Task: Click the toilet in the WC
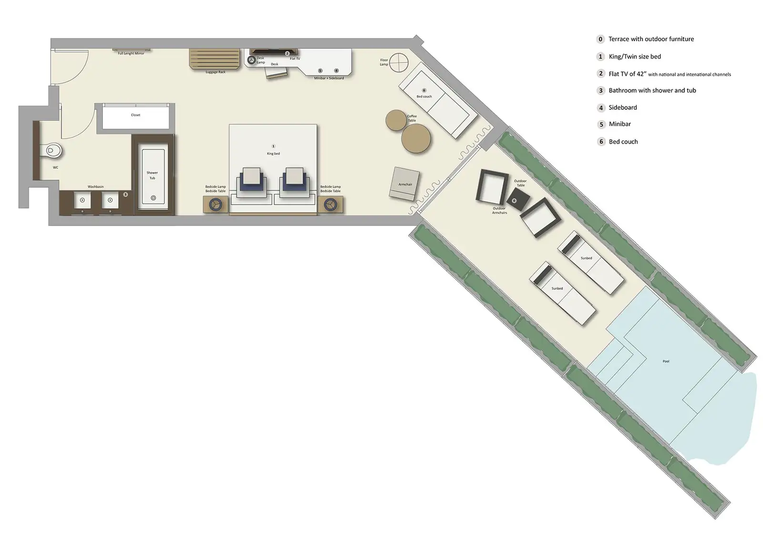(53, 151)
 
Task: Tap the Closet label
(135, 115)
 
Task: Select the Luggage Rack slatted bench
(215, 59)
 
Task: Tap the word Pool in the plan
(666, 361)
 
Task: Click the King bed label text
(273, 154)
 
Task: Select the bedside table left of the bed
(216, 204)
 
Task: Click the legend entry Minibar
(619, 124)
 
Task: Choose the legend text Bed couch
(623, 142)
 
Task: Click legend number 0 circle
(600, 39)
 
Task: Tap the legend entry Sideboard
(622, 107)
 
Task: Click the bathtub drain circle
(153, 198)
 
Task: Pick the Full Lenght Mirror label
(131, 53)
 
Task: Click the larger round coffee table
(416, 138)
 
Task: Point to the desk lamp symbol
(251, 60)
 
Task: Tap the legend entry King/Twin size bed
(634, 57)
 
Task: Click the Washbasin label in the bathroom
(95, 187)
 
